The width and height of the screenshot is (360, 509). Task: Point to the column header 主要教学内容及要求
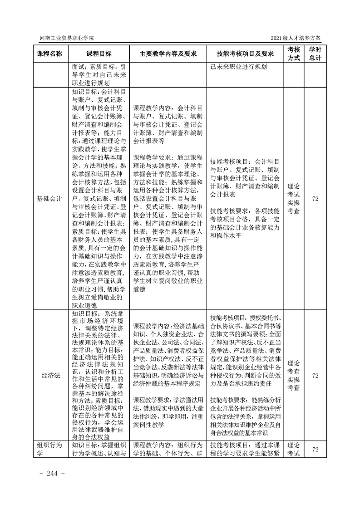tap(168, 54)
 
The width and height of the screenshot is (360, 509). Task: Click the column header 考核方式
tap(294, 54)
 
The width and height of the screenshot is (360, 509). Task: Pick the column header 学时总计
tap(315, 54)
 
